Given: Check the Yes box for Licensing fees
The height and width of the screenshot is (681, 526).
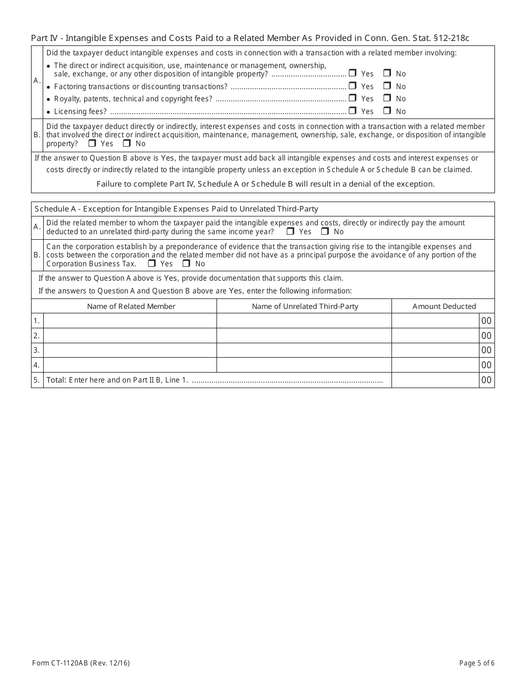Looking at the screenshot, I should [x=352, y=111].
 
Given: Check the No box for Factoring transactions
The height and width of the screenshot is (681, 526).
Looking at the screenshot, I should [x=387, y=86].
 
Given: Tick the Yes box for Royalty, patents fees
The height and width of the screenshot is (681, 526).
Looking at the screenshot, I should [x=352, y=98].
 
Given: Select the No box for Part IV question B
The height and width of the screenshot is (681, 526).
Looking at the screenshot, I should [x=127, y=143].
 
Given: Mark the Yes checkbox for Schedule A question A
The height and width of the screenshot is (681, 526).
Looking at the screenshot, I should [x=290, y=231].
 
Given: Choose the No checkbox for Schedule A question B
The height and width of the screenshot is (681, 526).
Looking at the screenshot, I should [x=186, y=264].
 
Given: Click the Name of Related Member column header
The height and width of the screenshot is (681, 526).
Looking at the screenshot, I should [x=131, y=306].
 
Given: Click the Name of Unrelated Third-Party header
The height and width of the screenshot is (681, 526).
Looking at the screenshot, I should [x=305, y=306].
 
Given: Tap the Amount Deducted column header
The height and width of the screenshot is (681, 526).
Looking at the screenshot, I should [x=444, y=306].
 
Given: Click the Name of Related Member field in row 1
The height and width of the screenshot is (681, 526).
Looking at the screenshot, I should [x=130, y=321].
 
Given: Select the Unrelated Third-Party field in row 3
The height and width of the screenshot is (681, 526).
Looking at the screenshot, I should [x=304, y=350].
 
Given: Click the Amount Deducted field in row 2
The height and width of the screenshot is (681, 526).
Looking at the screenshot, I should [x=435, y=336].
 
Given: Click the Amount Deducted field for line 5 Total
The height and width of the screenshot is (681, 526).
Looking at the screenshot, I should [x=435, y=380].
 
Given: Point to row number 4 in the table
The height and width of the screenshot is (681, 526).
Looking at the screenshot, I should [x=37, y=365].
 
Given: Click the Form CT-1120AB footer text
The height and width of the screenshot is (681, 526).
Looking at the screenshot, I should [x=81, y=663].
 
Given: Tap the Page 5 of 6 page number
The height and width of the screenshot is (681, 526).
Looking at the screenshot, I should [x=477, y=663].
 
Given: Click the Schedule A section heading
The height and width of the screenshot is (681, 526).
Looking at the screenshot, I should [x=176, y=209].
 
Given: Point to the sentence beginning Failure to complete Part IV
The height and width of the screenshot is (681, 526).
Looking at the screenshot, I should [x=265, y=184].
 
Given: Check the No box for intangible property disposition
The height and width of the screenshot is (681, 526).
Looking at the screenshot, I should [x=387, y=73].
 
